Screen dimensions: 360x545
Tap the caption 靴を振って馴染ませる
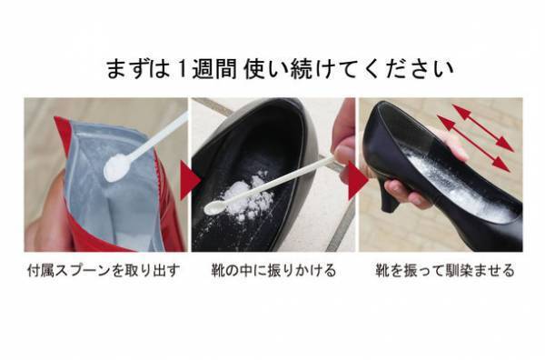(x=444, y=270)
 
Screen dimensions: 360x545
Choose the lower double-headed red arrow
(x=472, y=143)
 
